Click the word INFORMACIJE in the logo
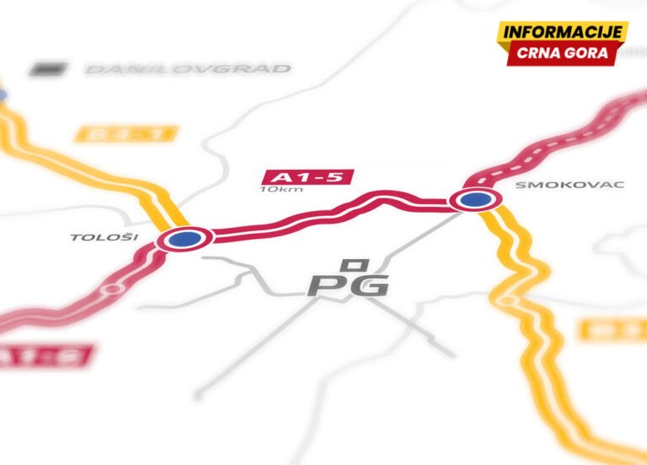pyautogui.click(x=562, y=32)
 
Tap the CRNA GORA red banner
pyautogui.click(x=562, y=53)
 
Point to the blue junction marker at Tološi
pyautogui.click(x=184, y=239)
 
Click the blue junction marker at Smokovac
pyautogui.click(x=475, y=200)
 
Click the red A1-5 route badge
pyautogui.click(x=307, y=177)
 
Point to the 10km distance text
pyautogui.click(x=281, y=189)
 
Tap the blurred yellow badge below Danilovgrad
pyautogui.click(x=126, y=133)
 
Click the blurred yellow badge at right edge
pyautogui.click(x=613, y=329)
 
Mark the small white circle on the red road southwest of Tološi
pyautogui.click(x=110, y=289)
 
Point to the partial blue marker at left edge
pyautogui.click(x=2, y=95)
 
